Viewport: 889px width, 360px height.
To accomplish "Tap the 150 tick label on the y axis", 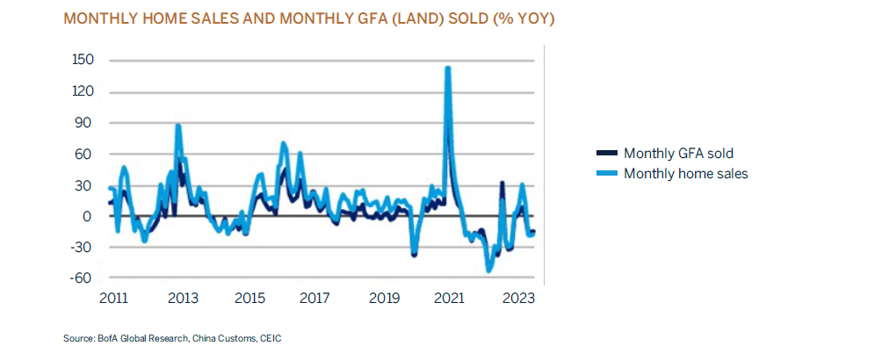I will pyautogui.click(x=83, y=61).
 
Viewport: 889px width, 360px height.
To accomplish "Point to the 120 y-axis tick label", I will pyautogui.click(x=83, y=92).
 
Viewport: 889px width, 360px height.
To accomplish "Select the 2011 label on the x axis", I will pyautogui.click(x=113, y=299).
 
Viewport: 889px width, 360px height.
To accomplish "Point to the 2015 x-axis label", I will pyautogui.click(x=249, y=299).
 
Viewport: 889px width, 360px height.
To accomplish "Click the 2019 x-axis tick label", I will pyautogui.click(x=385, y=299).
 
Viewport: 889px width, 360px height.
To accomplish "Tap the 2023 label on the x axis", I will pyautogui.click(x=519, y=299).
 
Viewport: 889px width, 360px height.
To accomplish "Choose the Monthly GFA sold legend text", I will pyautogui.click(x=677, y=154).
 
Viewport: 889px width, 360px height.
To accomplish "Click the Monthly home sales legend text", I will pyautogui.click(x=685, y=174).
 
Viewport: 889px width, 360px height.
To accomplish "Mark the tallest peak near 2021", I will pyautogui.click(x=448, y=68).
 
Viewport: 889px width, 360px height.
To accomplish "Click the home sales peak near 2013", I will pyautogui.click(x=178, y=126).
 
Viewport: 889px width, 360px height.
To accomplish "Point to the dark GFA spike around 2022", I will pyautogui.click(x=502, y=184).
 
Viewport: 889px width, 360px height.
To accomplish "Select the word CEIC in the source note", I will pyautogui.click(x=270, y=338).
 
